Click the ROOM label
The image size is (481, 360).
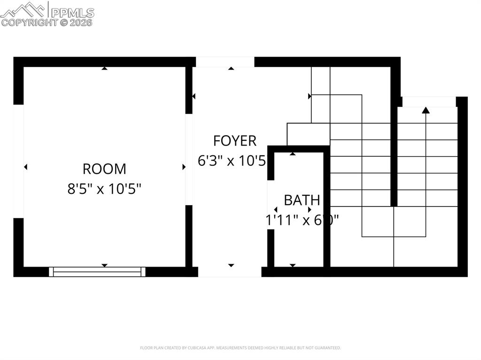pyautogui.click(x=104, y=169)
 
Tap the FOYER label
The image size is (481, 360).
pyautogui.click(x=234, y=140)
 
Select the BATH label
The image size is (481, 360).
pyautogui.click(x=302, y=200)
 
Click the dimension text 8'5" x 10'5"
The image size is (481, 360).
pyautogui.click(x=104, y=189)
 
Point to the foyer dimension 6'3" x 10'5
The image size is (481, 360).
pyautogui.click(x=232, y=161)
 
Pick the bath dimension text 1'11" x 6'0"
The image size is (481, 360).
pyautogui.click(x=302, y=220)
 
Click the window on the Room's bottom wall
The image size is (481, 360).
pyautogui.click(x=97, y=271)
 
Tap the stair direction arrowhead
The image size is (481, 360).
pyautogui.click(x=426, y=110)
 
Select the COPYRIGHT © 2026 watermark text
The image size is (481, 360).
pyautogui.click(x=47, y=22)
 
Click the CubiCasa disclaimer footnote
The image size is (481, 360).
pyautogui.click(x=240, y=348)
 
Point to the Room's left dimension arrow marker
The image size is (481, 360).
pyautogui.click(x=26, y=167)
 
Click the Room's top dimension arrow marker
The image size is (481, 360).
pyautogui.click(x=104, y=69)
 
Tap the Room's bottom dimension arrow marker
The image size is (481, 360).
pyautogui.click(x=104, y=265)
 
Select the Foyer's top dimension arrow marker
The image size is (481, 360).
pyautogui.click(x=231, y=69)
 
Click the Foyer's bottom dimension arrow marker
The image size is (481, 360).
pyautogui.click(x=231, y=265)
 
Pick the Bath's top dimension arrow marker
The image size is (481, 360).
pyautogui.click(x=293, y=153)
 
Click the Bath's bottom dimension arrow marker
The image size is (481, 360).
pyautogui.click(x=293, y=265)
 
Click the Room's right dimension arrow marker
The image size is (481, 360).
pyautogui.click(x=184, y=167)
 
